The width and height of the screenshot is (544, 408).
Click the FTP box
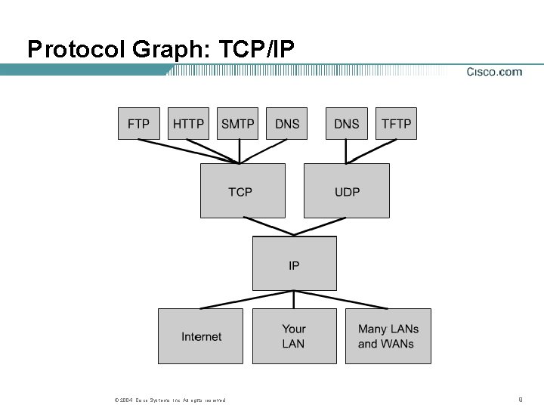pyautogui.click(x=139, y=123)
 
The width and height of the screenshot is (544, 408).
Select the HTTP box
pyautogui.click(x=188, y=123)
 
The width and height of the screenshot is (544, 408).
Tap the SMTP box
pyautogui.click(x=238, y=123)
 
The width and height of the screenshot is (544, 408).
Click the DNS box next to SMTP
pyautogui.click(x=287, y=123)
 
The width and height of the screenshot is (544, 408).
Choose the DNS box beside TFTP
pyautogui.click(x=346, y=123)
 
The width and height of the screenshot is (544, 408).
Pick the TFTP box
pyautogui.click(x=396, y=123)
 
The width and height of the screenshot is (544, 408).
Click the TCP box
pyautogui.click(x=243, y=191)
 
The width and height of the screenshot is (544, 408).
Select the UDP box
pyautogui.click(x=347, y=191)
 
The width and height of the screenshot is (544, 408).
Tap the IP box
pyautogui.click(x=294, y=264)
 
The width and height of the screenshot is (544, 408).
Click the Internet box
pyautogui.click(x=201, y=336)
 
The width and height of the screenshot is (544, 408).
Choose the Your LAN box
pyautogui.click(x=294, y=336)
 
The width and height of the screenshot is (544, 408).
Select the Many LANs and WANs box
pyautogui.click(x=388, y=336)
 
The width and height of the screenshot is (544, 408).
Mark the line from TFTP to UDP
pyautogui.click(x=369, y=151)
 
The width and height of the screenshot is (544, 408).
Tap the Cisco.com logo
pyautogui.click(x=494, y=73)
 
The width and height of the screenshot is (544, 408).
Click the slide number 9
pyautogui.click(x=521, y=398)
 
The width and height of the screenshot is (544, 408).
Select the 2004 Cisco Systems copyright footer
pyautogui.click(x=169, y=400)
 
